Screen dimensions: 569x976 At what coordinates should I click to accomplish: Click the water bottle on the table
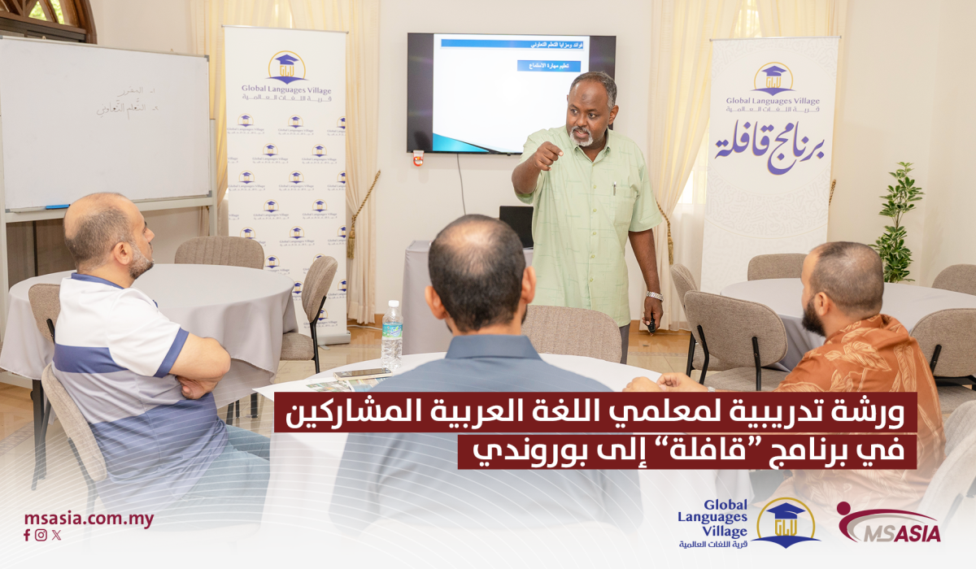coord(392,335)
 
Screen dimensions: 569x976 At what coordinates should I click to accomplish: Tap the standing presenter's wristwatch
coord(654,296)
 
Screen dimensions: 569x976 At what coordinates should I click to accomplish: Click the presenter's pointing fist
coord(546,155)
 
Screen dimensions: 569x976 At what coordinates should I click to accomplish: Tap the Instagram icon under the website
coord(41,535)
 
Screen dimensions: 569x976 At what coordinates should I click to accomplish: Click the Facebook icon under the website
coord(27,535)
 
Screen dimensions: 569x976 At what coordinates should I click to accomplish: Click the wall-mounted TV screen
coord(510,93)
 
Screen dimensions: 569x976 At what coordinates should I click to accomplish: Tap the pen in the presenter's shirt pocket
coord(613,191)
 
